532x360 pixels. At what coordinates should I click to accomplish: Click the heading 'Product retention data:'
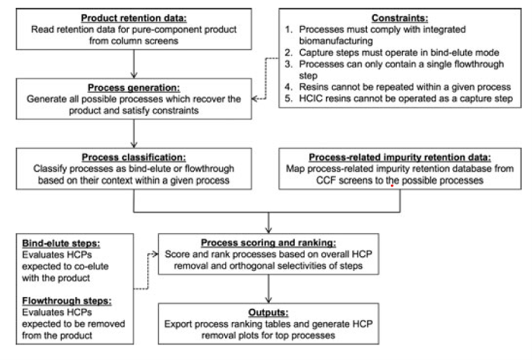[x=133, y=17]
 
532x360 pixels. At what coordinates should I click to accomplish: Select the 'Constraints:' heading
[x=399, y=17]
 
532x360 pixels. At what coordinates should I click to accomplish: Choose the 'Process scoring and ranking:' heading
[x=268, y=242]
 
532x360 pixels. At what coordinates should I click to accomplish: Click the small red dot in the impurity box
[x=392, y=185]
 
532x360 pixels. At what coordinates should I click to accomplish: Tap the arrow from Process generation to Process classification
[x=133, y=133]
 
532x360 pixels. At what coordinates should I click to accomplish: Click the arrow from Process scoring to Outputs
[x=268, y=287]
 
